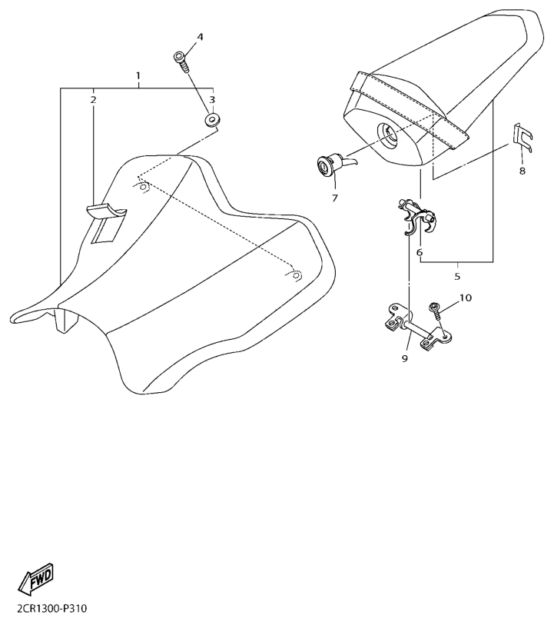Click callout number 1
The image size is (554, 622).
[138, 76]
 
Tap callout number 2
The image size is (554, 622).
[93, 100]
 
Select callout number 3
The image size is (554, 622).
[212, 100]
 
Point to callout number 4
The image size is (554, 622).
[200, 37]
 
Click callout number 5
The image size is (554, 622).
[456, 275]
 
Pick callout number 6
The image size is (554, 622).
[420, 252]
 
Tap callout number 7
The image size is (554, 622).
[334, 198]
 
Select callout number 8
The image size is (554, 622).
[522, 171]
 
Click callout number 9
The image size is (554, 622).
[404, 358]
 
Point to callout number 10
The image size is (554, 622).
[466, 298]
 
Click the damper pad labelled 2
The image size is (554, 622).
[107, 219]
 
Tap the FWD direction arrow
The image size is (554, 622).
[38, 581]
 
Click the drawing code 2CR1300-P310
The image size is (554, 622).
[46, 609]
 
